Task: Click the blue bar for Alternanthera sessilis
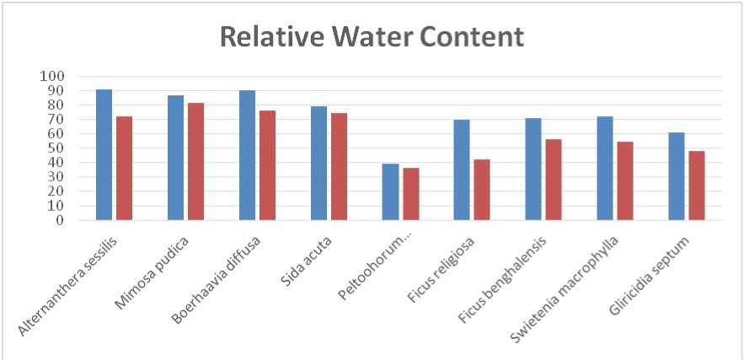(x=104, y=155)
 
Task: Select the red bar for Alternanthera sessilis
(x=124, y=169)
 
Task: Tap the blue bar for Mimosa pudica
(x=175, y=158)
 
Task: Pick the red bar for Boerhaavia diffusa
(x=267, y=165)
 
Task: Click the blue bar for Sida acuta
(x=318, y=164)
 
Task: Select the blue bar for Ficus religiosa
(x=462, y=170)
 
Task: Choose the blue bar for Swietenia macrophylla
(x=605, y=169)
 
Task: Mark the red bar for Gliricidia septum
(x=696, y=185)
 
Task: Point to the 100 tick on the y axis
(x=52, y=77)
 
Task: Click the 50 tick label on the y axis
(x=56, y=148)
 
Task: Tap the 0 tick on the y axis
(x=59, y=221)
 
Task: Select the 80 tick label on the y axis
(x=56, y=105)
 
